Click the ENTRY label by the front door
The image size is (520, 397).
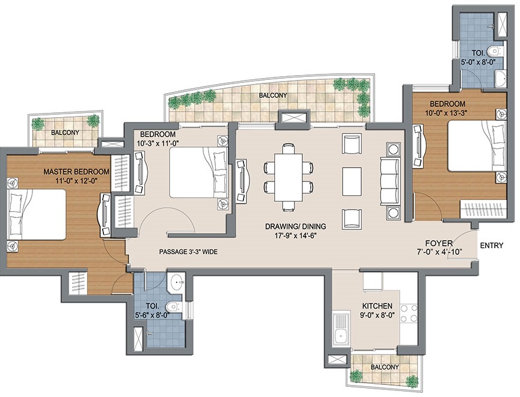[492, 246]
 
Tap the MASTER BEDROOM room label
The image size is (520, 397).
[76, 172]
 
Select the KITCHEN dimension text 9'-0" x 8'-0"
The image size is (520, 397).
[378, 315]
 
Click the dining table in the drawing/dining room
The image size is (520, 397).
[289, 177]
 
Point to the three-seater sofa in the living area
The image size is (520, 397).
[390, 182]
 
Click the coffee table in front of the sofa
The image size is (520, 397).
[352, 181]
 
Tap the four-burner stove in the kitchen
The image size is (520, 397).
[409, 314]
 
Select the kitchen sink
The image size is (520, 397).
[341, 329]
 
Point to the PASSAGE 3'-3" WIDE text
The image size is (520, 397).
[188, 252]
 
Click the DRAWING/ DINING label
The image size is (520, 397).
[296, 226]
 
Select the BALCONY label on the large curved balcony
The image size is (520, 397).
[273, 95]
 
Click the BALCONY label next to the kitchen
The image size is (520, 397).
[385, 367]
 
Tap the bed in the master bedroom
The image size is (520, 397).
[37, 214]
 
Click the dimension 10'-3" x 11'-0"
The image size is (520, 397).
[156, 144]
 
